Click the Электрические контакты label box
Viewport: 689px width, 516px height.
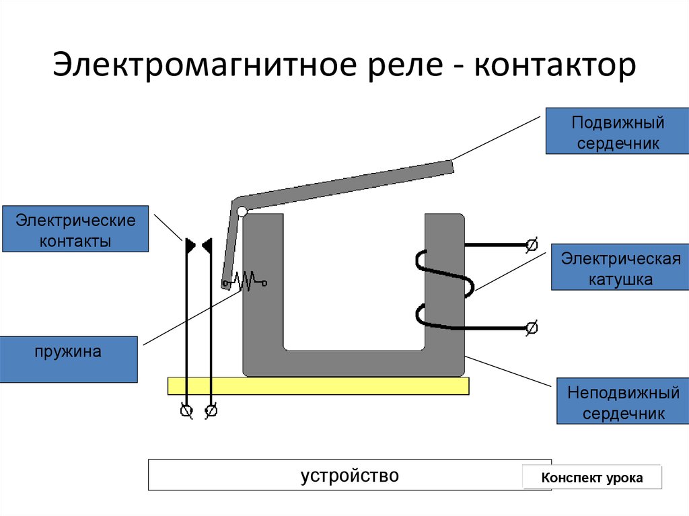75,229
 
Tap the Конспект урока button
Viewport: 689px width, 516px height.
592,478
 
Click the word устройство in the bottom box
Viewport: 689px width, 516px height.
349,476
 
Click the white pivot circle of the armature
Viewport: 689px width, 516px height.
242,212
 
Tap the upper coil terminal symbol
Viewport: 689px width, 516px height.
531,245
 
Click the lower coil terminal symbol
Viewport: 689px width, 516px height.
531,328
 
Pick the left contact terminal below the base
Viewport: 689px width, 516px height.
186,410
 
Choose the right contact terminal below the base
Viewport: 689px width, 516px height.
211,410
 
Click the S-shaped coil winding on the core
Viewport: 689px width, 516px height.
444,289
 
